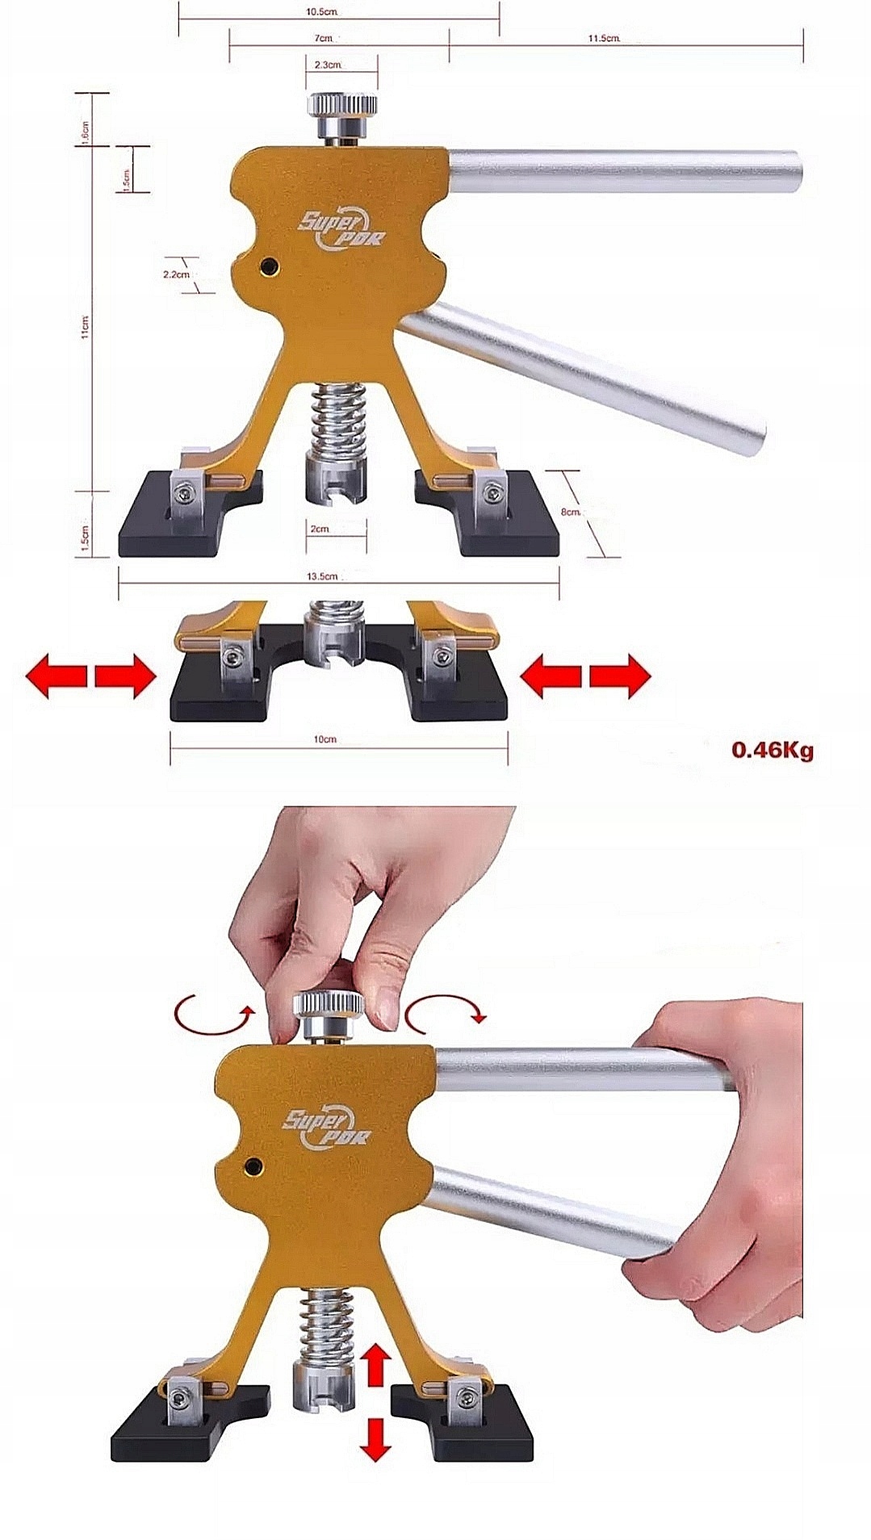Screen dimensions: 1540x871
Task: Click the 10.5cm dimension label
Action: (321, 12)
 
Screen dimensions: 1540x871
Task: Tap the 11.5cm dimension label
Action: (603, 38)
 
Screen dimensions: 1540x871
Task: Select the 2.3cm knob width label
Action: (327, 64)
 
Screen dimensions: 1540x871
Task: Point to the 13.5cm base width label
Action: (322, 576)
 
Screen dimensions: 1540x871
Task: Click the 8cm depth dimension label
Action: (571, 512)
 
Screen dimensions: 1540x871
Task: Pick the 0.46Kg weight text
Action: (772, 749)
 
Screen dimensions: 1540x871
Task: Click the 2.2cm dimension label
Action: (176, 274)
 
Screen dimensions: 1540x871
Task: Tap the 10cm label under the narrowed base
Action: (325, 739)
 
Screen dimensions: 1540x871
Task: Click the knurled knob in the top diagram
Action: (341, 106)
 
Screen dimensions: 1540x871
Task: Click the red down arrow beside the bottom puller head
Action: (374, 1437)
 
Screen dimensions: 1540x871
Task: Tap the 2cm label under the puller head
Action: (320, 529)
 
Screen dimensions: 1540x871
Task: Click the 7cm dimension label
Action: (322, 38)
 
